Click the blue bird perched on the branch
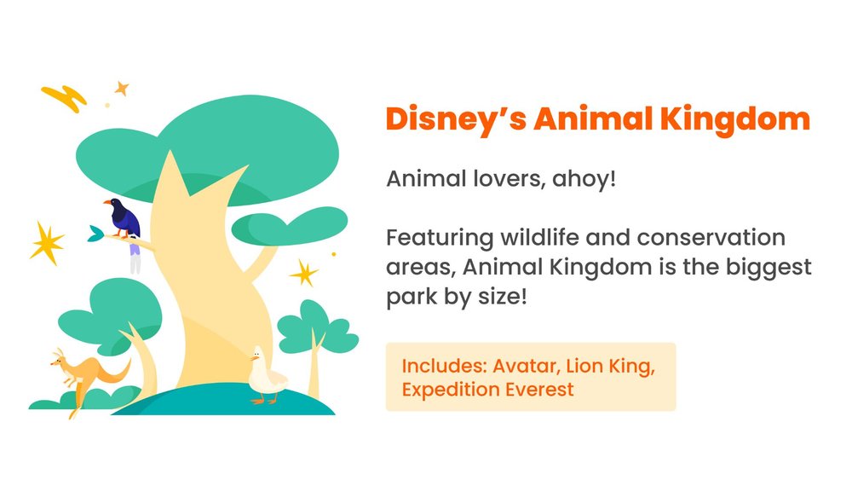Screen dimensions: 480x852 pyautogui.click(x=124, y=219)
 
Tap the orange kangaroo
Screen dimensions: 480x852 pyautogui.click(x=81, y=376)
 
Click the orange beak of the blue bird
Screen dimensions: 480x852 pyautogui.click(x=107, y=203)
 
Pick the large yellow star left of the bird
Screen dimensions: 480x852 pyautogui.click(x=47, y=243)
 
